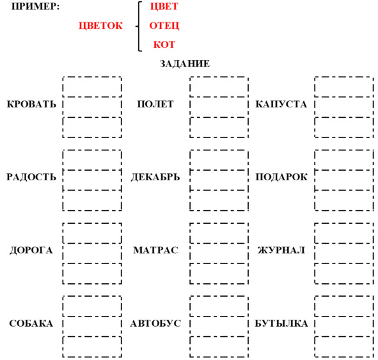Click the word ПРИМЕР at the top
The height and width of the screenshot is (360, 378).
coord(35,6)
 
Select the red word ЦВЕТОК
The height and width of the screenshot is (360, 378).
coord(101,26)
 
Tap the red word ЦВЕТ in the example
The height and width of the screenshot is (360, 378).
coord(164,6)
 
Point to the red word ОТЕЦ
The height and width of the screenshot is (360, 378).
coord(164,26)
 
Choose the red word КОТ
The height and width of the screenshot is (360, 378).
coord(164,45)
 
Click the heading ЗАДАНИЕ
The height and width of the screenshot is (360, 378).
coord(185,64)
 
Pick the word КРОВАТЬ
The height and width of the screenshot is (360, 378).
coord(31,104)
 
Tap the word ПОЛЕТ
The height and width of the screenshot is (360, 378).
coord(155,104)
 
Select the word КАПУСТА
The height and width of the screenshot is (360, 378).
coord(281,104)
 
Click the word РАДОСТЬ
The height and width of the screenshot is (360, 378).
coord(31,177)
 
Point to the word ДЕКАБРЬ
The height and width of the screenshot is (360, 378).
coord(155,177)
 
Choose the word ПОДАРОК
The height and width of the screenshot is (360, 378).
coord(281,177)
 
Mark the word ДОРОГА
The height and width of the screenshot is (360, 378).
coord(31,251)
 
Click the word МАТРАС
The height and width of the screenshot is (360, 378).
coord(155,250)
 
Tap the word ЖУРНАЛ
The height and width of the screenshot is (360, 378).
coord(281,251)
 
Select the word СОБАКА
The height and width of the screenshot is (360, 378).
coord(31,324)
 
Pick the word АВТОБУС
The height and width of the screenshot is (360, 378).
coord(155,324)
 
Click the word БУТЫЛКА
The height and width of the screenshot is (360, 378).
coord(281,324)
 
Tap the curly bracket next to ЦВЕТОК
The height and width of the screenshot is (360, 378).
coord(139,26)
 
